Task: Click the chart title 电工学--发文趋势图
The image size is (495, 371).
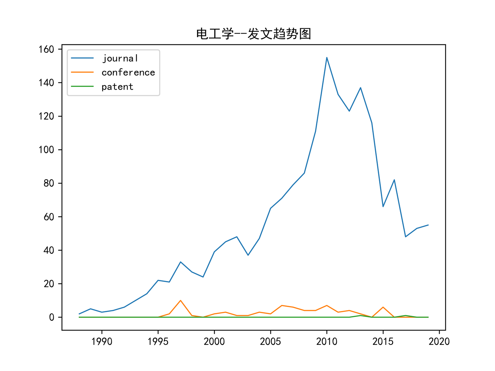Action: tap(254, 34)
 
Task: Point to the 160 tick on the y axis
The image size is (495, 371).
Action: tap(46, 49)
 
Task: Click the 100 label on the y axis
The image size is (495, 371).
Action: tap(46, 150)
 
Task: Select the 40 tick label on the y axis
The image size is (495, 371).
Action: tap(49, 250)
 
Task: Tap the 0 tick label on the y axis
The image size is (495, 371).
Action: tap(52, 317)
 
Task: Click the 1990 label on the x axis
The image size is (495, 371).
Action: tap(102, 341)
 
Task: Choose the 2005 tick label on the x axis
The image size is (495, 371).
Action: tap(271, 341)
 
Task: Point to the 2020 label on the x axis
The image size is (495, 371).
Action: tap(439, 341)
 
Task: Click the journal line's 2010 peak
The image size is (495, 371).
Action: tap(327, 57)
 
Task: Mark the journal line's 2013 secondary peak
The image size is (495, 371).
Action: tap(361, 88)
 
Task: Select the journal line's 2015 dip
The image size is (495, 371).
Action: tap(383, 206)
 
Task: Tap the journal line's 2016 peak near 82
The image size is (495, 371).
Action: tap(394, 180)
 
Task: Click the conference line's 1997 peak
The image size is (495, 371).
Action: tap(180, 301)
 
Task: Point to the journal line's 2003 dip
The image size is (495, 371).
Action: tap(248, 255)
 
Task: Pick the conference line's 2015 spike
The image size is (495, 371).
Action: tap(383, 307)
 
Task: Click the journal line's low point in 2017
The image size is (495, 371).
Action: tap(406, 237)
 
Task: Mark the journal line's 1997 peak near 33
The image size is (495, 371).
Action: tap(180, 262)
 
